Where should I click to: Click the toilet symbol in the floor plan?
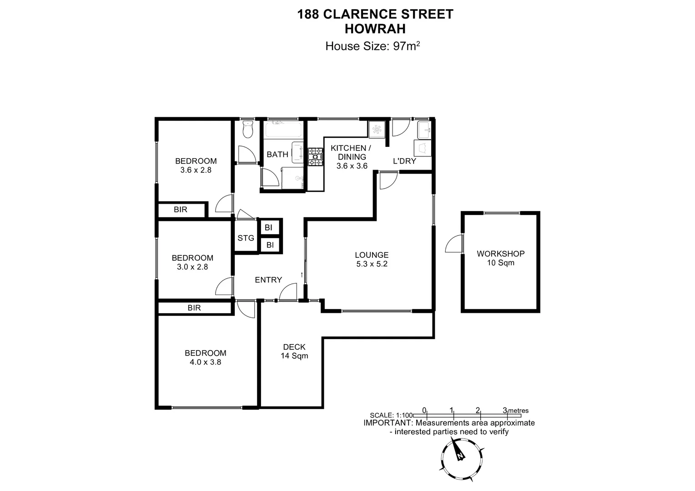click(248, 130)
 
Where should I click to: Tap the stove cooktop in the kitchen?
click(315, 157)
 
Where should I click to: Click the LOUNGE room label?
click(372, 255)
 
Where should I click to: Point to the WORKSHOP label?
click(500, 254)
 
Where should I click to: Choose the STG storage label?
click(246, 238)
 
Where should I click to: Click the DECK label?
click(294, 347)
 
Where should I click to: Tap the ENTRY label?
click(268, 280)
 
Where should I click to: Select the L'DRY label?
click(404, 161)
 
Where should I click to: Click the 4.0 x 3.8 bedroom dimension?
click(205, 362)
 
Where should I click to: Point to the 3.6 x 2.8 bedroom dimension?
click(196, 170)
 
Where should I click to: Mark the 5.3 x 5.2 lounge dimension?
click(372, 264)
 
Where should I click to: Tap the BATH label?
click(277, 155)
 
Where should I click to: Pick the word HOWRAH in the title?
click(375, 29)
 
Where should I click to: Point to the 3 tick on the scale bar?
click(504, 411)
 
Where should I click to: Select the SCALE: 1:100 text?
click(392, 415)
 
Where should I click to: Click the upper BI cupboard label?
click(268, 228)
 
